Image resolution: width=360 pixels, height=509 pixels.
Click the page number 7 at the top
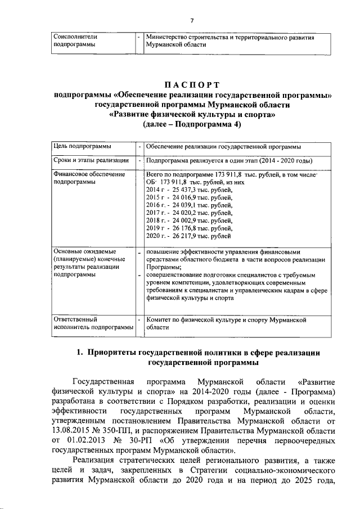(192, 21)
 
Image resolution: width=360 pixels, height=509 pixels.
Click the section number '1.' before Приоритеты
(80, 353)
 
